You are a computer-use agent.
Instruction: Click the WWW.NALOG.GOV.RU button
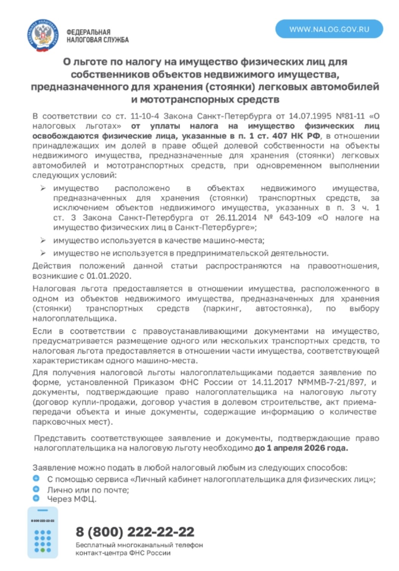coord(329,29)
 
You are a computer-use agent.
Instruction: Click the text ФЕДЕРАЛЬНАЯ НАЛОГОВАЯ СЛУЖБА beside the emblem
coord(97,36)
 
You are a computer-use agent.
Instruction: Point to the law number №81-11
coord(350,116)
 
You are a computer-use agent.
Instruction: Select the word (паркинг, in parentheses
coord(222,308)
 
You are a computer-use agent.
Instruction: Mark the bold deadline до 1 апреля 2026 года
coord(301,448)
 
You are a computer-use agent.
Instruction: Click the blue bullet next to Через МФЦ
coord(36,498)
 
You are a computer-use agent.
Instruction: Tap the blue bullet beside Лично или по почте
coord(36,489)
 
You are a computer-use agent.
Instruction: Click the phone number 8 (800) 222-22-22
coord(135,532)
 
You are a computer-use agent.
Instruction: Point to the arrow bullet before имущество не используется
coord(43,253)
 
